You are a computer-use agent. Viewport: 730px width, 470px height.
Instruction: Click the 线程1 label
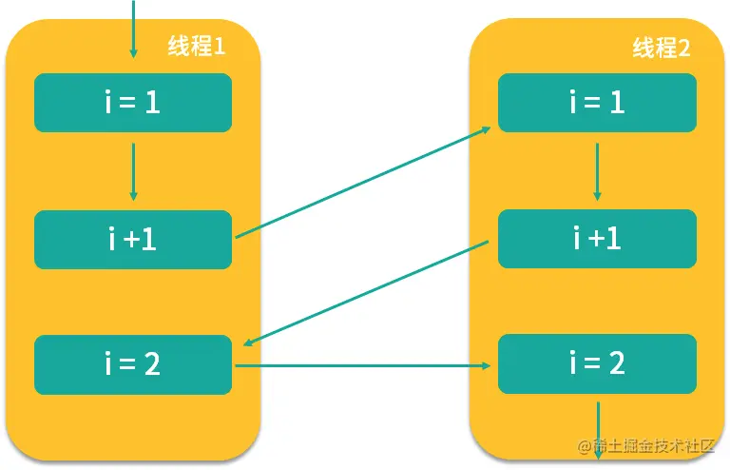[x=197, y=46]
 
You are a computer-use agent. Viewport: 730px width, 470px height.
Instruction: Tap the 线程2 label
[x=662, y=48]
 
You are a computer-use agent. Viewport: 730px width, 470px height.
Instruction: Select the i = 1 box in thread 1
[x=133, y=103]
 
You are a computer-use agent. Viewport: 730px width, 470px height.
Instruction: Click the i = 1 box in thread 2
[x=597, y=103]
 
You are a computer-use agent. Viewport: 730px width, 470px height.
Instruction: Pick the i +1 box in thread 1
[x=133, y=240]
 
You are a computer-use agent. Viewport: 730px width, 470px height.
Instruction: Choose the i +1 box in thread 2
[x=597, y=239]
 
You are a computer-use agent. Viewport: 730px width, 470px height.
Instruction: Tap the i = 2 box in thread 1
[x=133, y=364]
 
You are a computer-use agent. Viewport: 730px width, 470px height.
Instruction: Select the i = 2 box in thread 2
[x=597, y=363]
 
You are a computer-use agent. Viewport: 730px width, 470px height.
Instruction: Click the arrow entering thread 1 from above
[x=133, y=29]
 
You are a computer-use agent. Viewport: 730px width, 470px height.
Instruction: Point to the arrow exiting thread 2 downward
[x=598, y=431]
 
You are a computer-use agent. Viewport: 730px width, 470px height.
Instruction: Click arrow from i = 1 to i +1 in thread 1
[x=133, y=172]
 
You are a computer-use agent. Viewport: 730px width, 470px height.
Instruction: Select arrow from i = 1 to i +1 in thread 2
[x=597, y=172]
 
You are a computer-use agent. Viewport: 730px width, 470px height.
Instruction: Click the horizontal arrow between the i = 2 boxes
[x=363, y=365]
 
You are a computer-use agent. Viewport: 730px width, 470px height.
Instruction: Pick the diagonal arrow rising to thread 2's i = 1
[x=363, y=182]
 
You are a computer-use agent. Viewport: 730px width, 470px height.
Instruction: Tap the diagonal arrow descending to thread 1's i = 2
[x=366, y=293]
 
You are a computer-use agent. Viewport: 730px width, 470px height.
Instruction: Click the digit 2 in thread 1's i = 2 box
[x=152, y=363]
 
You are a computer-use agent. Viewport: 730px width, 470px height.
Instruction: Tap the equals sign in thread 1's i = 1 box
[x=127, y=104]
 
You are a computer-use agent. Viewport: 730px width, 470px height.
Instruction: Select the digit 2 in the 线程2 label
[x=684, y=49]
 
